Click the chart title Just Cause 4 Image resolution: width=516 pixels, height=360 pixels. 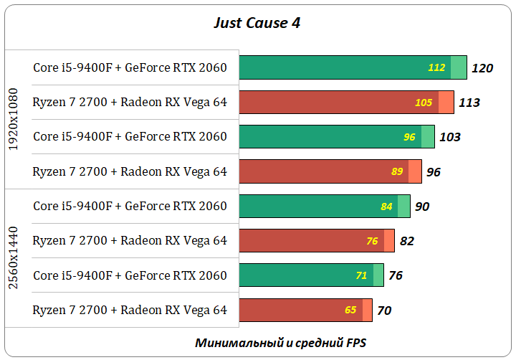[257, 23]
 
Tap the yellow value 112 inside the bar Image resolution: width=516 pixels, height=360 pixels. [436, 67]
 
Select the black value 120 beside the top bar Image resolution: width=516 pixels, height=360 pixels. [482, 68]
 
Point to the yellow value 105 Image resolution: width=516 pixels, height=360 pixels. [424, 103]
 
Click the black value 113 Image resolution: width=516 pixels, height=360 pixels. [469, 103]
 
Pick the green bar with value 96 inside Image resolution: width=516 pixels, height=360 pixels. [330, 137]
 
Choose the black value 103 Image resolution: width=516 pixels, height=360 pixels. [449, 137]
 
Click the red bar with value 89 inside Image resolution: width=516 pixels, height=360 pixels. [322, 171]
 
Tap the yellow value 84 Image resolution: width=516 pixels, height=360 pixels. [387, 207]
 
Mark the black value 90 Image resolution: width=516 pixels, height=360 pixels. [422, 207]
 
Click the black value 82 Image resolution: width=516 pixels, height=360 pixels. [407, 241]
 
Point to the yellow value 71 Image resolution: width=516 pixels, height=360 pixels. [361, 275]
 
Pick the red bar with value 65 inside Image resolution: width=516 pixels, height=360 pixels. [300, 311]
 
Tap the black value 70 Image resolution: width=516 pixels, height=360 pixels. [384, 311]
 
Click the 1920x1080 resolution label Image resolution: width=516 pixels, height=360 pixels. [12, 119]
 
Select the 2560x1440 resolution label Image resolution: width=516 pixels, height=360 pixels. [12, 258]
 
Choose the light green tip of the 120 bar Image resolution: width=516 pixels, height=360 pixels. [459, 67]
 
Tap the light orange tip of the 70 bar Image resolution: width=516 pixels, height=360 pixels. [367, 311]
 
